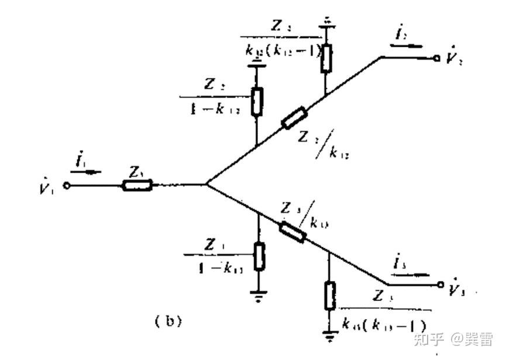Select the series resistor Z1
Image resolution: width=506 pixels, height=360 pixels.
click(x=137, y=186)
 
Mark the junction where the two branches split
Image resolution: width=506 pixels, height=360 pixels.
click(x=206, y=185)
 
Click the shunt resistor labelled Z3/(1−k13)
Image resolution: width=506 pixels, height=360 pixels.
click(x=259, y=256)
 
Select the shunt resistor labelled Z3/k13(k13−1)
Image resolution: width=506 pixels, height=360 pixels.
click(x=329, y=296)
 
